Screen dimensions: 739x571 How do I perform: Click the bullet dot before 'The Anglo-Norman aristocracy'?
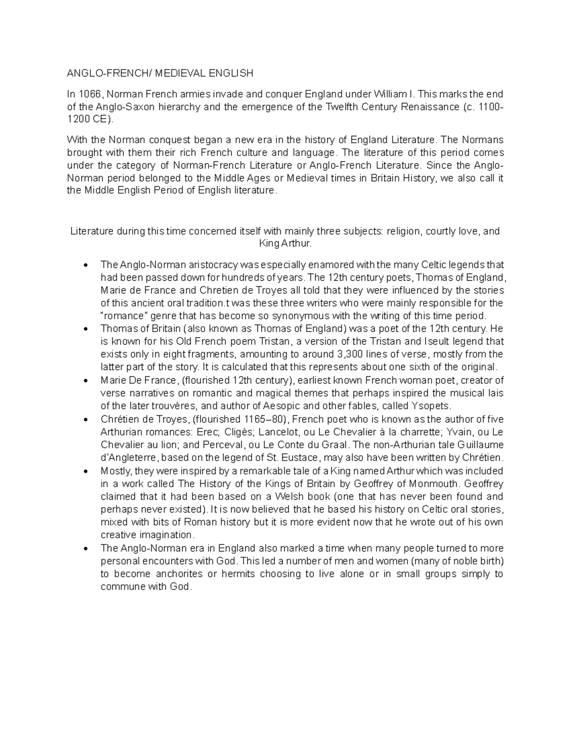click(86, 265)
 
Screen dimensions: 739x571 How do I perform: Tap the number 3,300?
click(350, 354)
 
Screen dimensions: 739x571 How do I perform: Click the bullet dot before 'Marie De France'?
click(86, 381)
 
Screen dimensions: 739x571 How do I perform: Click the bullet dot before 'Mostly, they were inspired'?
click(86, 472)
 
